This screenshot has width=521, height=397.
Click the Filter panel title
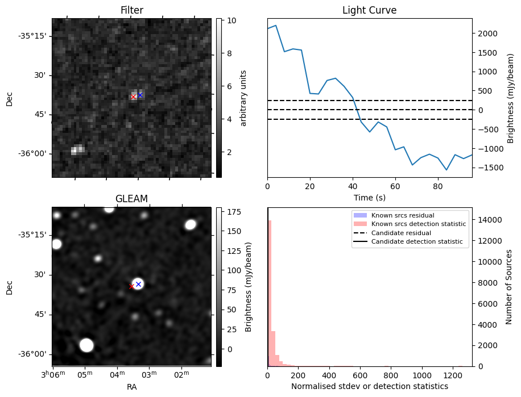click(131, 10)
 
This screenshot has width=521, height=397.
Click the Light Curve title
click(369, 10)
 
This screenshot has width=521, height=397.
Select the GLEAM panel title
click(131, 199)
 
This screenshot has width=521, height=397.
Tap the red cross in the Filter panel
click(134, 97)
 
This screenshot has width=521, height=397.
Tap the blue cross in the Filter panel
click(140, 95)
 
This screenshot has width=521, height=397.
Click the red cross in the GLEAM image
click(132, 286)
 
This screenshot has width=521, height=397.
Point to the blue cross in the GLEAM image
click(138, 284)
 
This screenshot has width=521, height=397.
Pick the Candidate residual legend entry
click(398, 233)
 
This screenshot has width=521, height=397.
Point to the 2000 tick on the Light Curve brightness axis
click(484, 34)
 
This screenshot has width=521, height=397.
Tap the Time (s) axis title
click(369, 197)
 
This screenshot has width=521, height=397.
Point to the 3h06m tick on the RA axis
click(53, 374)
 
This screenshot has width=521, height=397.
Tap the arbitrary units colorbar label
click(243, 98)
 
